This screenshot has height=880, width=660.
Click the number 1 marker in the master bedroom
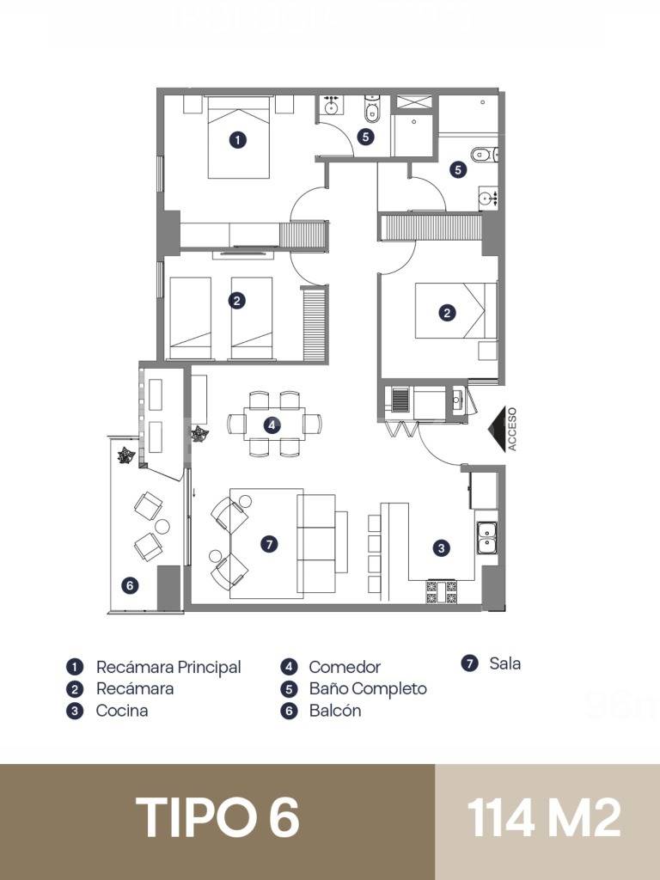(239, 138)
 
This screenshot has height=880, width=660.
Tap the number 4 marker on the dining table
(272, 425)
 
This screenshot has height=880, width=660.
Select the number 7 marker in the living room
(269, 544)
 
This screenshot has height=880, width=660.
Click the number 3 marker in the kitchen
(441, 547)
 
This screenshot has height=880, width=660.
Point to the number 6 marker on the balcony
(130, 585)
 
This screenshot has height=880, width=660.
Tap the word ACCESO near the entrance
(513, 429)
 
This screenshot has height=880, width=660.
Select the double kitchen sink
(486, 536)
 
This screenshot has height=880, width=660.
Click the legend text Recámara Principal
(168, 667)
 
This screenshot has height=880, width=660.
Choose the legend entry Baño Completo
(368, 688)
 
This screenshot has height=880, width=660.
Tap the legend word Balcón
(335, 711)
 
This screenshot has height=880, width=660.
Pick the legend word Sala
(505, 663)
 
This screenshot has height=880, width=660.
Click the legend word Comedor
(345, 667)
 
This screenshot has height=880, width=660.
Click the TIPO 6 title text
(217, 817)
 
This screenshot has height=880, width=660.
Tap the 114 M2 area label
(545, 817)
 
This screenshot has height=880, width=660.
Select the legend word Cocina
(122, 711)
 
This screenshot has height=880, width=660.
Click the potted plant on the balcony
(126, 455)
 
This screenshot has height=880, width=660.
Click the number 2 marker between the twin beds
(237, 301)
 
